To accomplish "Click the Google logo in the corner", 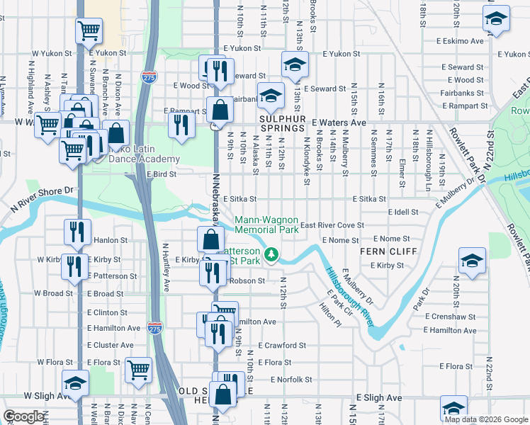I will pyautogui.click(x=24, y=416).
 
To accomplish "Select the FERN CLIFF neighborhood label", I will pyautogui.click(x=383, y=251).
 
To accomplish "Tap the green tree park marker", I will pyautogui.click(x=270, y=254).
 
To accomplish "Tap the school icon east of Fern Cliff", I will pyautogui.click(x=472, y=260).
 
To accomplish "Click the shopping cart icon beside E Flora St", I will pyautogui.click(x=138, y=368).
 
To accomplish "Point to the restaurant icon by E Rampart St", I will pyautogui.click(x=182, y=123).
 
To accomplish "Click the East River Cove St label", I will pyautogui.click(x=332, y=226).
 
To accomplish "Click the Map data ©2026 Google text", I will pyautogui.click(x=486, y=419).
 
